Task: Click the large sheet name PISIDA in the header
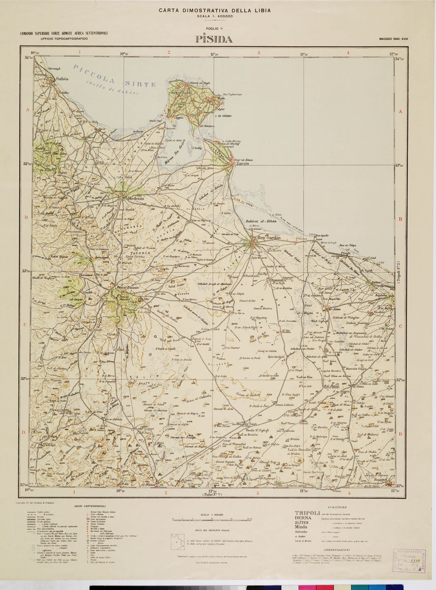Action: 214,39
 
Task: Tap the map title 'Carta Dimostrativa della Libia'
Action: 214,10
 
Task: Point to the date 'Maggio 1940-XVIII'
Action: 394,38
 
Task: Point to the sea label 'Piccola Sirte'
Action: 114,76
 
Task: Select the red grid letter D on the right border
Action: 401,434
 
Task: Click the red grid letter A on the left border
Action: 28,111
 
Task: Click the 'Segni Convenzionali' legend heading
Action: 90,506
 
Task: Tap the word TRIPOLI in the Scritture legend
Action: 307,512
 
